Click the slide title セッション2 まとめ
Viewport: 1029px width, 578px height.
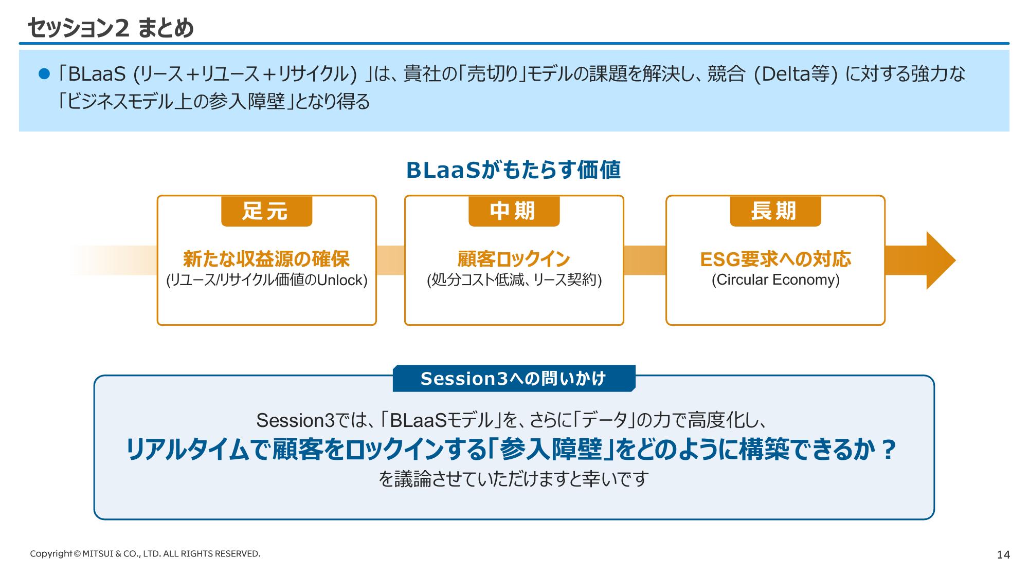click(111, 28)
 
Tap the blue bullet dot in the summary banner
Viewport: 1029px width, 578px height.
click(44, 74)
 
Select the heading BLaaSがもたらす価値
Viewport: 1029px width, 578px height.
click(513, 170)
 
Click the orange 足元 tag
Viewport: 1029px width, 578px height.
click(266, 211)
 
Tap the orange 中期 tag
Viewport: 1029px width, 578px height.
click(514, 211)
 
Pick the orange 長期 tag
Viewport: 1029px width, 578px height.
click(775, 211)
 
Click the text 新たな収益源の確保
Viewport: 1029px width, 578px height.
click(266, 259)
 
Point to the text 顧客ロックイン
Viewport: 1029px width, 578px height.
click(514, 259)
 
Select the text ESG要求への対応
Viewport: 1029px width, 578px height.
click(775, 259)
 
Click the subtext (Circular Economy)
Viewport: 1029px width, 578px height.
click(775, 280)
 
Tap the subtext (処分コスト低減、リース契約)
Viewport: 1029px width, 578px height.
click(514, 281)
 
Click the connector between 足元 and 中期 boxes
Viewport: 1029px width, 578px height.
click(390, 260)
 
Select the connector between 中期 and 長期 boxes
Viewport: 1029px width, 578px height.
click(645, 260)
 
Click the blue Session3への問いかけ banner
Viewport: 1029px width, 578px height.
click(514, 379)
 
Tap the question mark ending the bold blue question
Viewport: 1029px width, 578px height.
click(888, 450)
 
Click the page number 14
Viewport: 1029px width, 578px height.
click(1003, 555)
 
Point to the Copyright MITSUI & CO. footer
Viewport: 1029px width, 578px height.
click(145, 554)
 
